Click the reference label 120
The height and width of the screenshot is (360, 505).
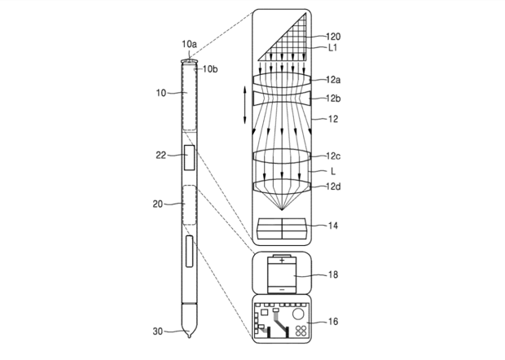[x=333, y=37]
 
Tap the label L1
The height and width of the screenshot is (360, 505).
[x=333, y=48]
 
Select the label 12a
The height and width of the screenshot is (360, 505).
[x=333, y=80]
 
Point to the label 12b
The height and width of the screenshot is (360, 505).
[x=333, y=99]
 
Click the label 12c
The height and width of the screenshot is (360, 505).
[x=333, y=156]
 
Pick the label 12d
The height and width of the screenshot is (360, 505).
[x=333, y=187]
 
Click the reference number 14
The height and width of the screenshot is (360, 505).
[x=333, y=226]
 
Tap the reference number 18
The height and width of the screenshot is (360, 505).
[x=333, y=274]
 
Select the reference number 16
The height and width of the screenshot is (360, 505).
[x=333, y=321]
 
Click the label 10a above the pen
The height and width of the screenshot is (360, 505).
[x=189, y=44]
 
